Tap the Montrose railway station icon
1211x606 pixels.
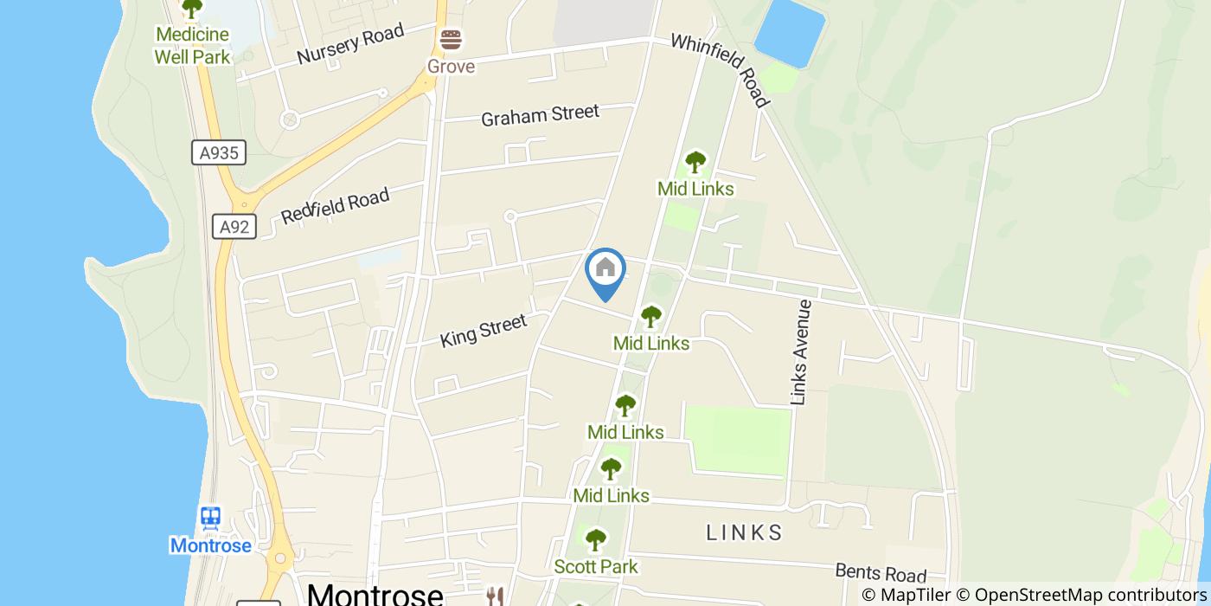pyautogui.click(x=210, y=519)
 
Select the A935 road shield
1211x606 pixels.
pyautogui.click(x=219, y=153)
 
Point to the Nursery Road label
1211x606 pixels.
pyautogui.click(x=349, y=44)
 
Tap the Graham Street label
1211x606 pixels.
pyautogui.click(x=540, y=115)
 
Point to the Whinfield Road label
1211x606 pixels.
pyautogui.click(x=720, y=70)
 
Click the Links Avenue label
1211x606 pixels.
pyautogui.click(x=802, y=352)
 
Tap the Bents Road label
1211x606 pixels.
pyautogui.click(x=881, y=572)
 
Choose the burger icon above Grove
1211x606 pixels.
pyautogui.click(x=451, y=40)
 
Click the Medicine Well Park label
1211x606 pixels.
pyautogui.click(x=192, y=46)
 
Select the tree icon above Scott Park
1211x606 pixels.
pyautogui.click(x=595, y=540)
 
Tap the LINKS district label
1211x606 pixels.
pyautogui.click(x=744, y=532)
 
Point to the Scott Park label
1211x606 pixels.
pyautogui.click(x=596, y=567)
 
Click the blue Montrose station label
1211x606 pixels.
pyautogui.click(x=210, y=545)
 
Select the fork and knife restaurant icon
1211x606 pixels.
pyautogui.click(x=495, y=596)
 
